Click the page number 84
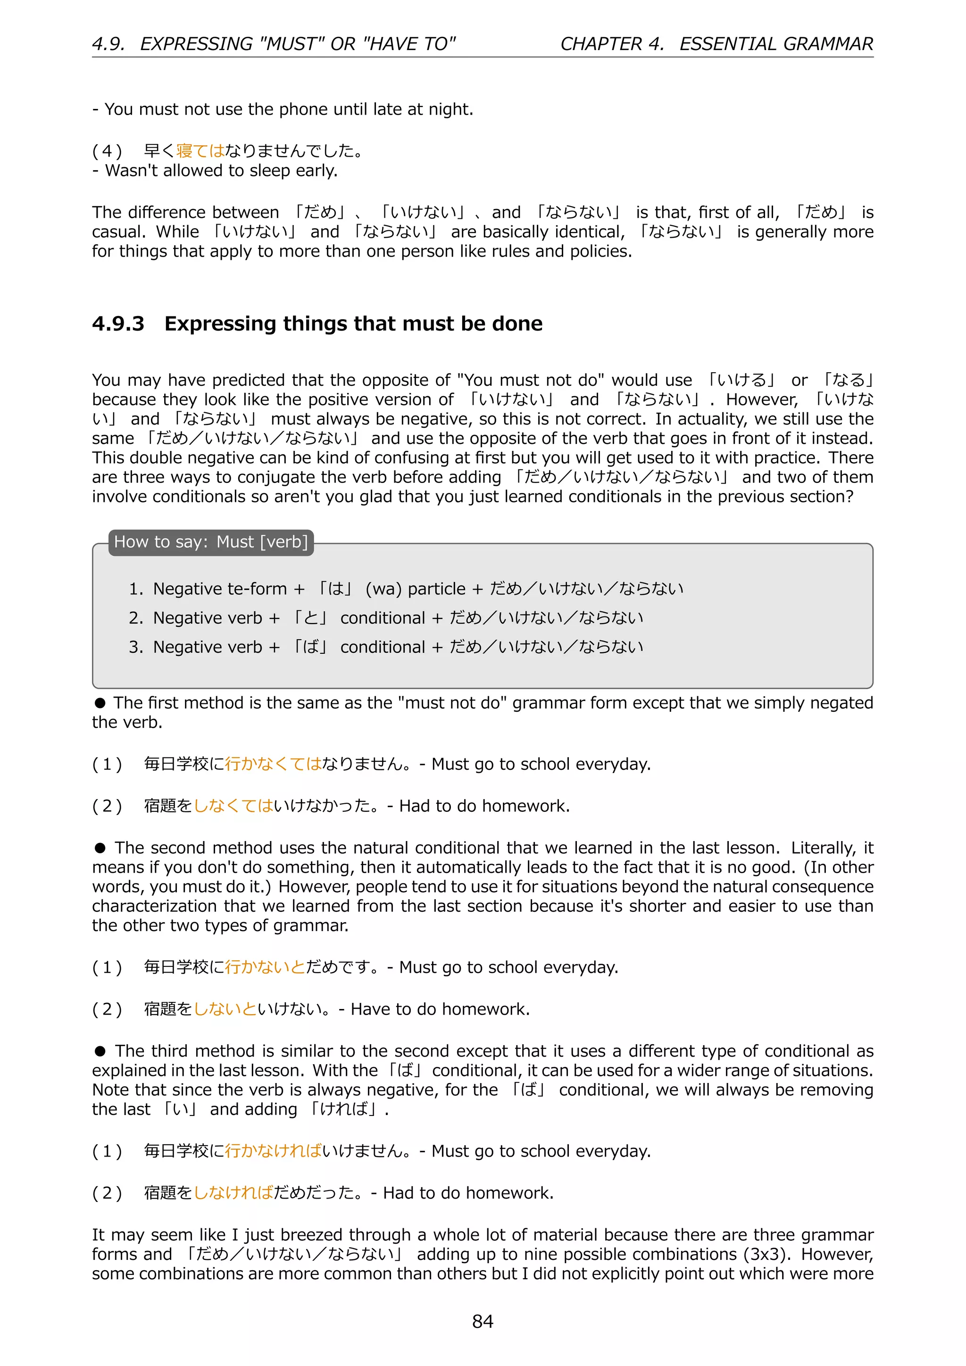point(483,1321)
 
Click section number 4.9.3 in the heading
point(118,324)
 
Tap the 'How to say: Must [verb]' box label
point(210,542)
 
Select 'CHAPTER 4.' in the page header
point(611,44)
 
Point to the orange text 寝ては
point(200,151)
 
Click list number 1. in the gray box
point(136,589)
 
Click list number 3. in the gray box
point(136,647)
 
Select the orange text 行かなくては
point(273,764)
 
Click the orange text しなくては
point(233,806)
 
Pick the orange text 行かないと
point(265,967)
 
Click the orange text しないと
point(225,1009)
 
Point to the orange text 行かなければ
point(273,1151)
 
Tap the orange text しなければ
point(233,1193)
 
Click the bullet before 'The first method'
point(100,703)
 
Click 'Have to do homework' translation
point(440,1009)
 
